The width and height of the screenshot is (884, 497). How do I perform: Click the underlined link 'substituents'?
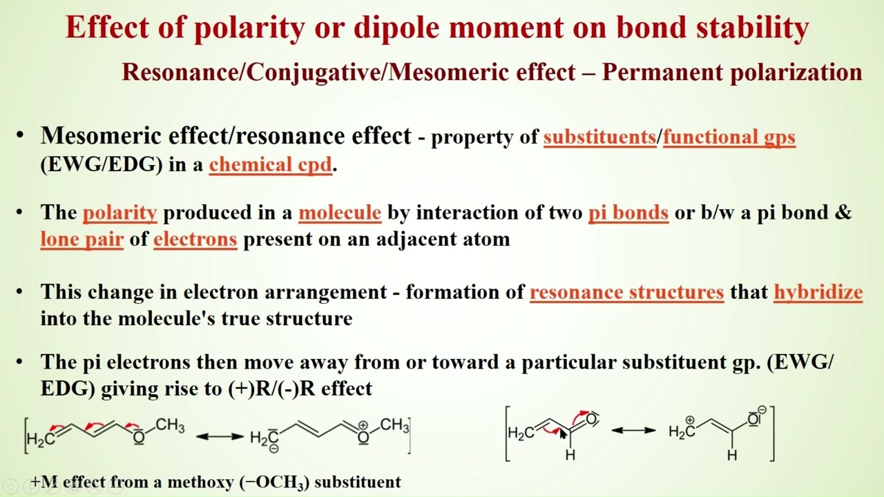click(599, 137)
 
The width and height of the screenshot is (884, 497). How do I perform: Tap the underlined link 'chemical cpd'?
click(270, 165)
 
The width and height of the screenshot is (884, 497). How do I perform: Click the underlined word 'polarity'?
click(119, 212)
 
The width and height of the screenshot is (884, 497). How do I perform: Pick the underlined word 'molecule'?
click(339, 212)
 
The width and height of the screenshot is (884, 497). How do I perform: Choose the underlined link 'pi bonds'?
click(628, 212)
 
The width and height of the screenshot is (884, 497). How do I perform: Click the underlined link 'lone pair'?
click(81, 240)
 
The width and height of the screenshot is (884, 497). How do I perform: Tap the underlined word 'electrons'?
click(195, 240)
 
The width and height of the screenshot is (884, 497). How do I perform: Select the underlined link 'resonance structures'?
click(626, 292)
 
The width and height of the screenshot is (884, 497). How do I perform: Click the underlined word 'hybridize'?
click(818, 292)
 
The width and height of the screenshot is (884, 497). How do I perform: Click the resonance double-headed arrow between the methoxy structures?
click(220, 436)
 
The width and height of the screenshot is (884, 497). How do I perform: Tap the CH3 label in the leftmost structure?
click(170, 426)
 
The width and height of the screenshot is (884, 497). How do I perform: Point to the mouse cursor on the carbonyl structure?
click(563, 434)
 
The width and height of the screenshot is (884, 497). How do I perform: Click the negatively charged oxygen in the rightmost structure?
click(754, 419)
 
